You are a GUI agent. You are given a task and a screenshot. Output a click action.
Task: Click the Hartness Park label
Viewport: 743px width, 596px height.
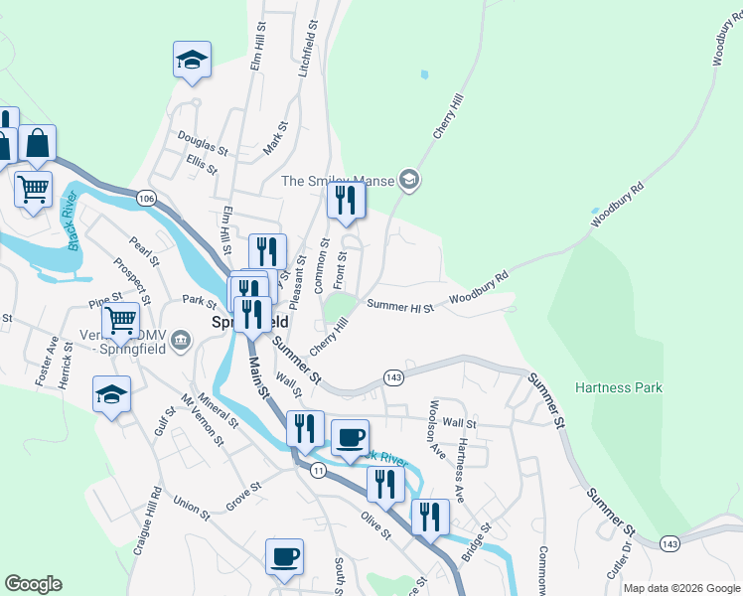coord(617,388)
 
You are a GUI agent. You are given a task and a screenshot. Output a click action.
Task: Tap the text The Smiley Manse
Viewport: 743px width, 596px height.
coord(337,181)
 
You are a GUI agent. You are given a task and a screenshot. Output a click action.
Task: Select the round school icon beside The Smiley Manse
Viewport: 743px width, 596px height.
coord(408,180)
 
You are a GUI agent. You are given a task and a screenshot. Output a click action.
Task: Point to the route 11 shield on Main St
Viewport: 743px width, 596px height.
coord(317,469)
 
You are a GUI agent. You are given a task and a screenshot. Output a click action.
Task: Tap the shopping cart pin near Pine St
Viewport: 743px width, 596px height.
coord(120,321)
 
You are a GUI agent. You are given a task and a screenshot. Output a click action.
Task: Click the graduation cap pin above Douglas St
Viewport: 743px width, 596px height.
coord(192,59)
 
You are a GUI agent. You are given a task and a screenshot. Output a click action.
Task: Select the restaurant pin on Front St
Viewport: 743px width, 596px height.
coord(346,201)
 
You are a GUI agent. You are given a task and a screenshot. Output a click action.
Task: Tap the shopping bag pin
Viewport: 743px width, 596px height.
coord(37,144)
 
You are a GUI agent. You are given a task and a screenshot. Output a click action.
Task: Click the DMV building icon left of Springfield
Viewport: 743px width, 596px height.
coord(181,341)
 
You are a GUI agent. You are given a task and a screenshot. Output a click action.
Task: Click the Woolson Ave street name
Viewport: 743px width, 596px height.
coord(434,424)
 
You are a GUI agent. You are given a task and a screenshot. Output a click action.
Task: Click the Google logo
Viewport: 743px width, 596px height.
coord(33,584)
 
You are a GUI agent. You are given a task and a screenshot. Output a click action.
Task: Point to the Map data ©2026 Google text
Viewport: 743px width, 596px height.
coord(680,588)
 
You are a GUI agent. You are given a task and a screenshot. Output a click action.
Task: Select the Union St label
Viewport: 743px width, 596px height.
coord(192,510)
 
